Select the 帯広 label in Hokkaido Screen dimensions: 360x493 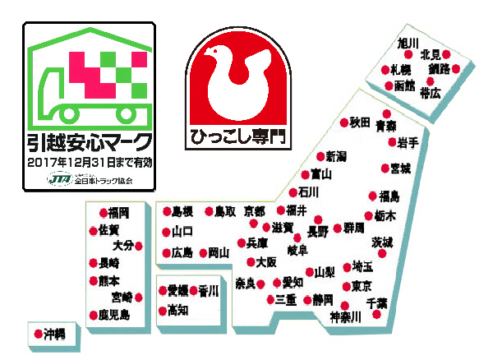431,94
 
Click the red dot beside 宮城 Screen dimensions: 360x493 383,168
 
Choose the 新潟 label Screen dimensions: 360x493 335,156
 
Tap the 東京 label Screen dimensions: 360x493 362,286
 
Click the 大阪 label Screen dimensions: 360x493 266,263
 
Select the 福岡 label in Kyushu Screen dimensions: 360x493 120,211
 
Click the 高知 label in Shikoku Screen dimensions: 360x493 178,311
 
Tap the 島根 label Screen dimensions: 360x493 182,211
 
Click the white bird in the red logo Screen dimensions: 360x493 237,78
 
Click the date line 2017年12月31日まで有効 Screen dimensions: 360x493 89,163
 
